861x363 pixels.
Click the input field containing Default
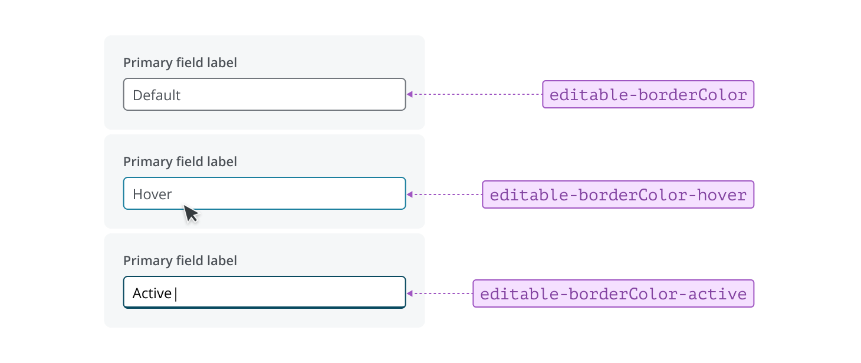264,94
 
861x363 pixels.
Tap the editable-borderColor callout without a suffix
648,94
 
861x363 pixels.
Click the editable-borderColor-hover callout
618,194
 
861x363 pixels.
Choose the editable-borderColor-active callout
613,293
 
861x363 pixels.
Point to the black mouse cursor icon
190,213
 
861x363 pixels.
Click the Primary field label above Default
180,62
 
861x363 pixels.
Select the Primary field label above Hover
180,161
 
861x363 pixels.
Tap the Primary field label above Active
180,260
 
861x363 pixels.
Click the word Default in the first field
156,95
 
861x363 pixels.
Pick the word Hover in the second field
152,194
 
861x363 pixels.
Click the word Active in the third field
152,293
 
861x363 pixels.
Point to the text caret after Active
176,293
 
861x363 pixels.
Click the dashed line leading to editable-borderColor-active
442,293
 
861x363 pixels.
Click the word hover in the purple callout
722,194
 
